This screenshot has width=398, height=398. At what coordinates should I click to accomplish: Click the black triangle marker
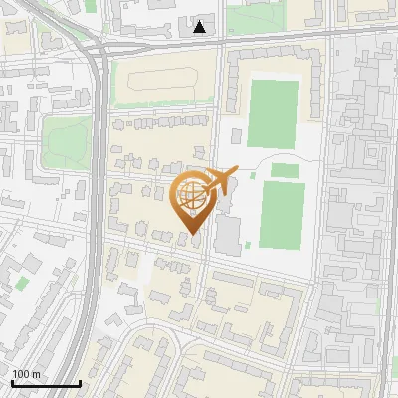200,27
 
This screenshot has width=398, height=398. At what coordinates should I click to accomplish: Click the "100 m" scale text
26,374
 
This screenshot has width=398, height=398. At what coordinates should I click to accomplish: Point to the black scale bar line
46,383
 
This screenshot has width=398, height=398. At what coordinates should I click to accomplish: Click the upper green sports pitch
273,113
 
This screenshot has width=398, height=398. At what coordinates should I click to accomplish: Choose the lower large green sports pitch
283,215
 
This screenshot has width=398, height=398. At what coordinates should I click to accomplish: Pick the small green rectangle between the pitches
285,170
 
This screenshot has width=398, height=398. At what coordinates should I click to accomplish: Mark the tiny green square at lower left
22,283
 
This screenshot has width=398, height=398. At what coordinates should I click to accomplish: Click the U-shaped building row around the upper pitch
232,90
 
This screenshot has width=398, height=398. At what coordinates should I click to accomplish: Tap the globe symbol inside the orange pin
191,196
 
